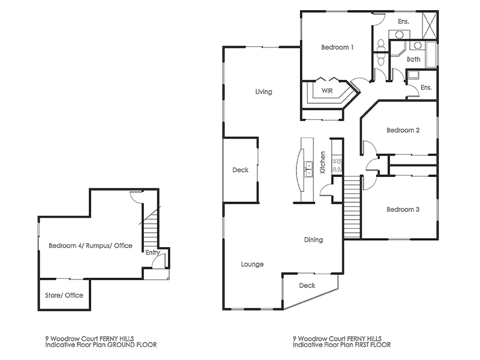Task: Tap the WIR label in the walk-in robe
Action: click(x=327, y=91)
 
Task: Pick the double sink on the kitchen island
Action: click(x=310, y=171)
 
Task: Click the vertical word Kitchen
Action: click(x=323, y=162)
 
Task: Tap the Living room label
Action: click(x=263, y=92)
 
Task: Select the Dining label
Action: click(x=313, y=240)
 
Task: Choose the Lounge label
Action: click(x=253, y=264)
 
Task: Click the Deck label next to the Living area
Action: click(x=240, y=170)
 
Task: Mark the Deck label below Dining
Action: click(x=307, y=286)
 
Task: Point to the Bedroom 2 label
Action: click(x=402, y=130)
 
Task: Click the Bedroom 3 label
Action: click(x=402, y=209)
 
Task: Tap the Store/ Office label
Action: click(x=64, y=295)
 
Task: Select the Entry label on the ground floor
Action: click(x=152, y=253)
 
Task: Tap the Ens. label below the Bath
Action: click(x=425, y=88)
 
